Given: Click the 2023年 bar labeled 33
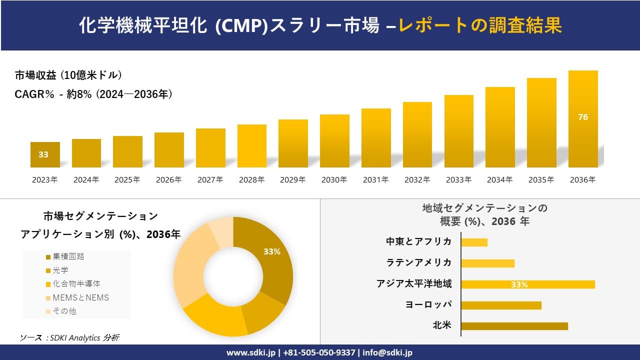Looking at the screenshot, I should pyautogui.click(x=45, y=155).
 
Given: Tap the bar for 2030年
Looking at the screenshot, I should pyautogui.click(x=334, y=141).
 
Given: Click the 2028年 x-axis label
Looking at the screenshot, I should pyautogui.click(x=251, y=180).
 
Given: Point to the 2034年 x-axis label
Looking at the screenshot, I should pyautogui.click(x=500, y=180).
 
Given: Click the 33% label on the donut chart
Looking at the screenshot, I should pyautogui.click(x=272, y=252).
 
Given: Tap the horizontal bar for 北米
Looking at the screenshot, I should pyautogui.click(x=514, y=326).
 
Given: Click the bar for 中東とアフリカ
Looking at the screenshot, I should pyautogui.click(x=474, y=242).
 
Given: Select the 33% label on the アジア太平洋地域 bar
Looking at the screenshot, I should pyautogui.click(x=519, y=285).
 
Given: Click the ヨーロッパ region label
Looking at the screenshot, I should pyautogui.click(x=428, y=304).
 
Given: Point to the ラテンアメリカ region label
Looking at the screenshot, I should pyautogui.click(x=419, y=262).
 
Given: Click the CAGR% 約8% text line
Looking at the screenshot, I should pyautogui.click(x=94, y=94).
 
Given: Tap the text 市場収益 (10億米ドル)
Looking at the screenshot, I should pyautogui.click(x=68, y=75).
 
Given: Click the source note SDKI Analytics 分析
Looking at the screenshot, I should pyautogui.click(x=69, y=338).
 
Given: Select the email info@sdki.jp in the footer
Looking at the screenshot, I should pyautogui.click(x=387, y=352).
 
